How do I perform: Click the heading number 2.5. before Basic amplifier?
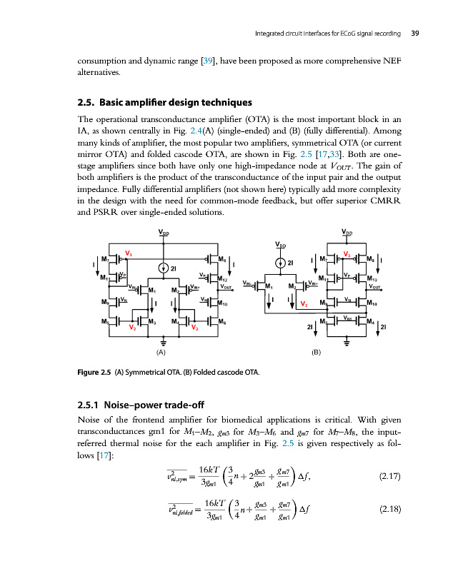coord(88,101)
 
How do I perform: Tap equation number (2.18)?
coord(387,530)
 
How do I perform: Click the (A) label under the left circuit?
coord(161,353)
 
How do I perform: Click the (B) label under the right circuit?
coord(317,353)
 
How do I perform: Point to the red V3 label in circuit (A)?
coord(129,253)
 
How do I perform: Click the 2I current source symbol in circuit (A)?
coord(164,268)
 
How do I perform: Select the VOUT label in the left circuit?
coord(226,286)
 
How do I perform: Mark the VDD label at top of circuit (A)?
coord(164,231)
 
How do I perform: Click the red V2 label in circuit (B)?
coord(303,304)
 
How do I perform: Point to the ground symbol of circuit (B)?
coord(347,341)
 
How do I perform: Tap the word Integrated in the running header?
coord(272,33)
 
